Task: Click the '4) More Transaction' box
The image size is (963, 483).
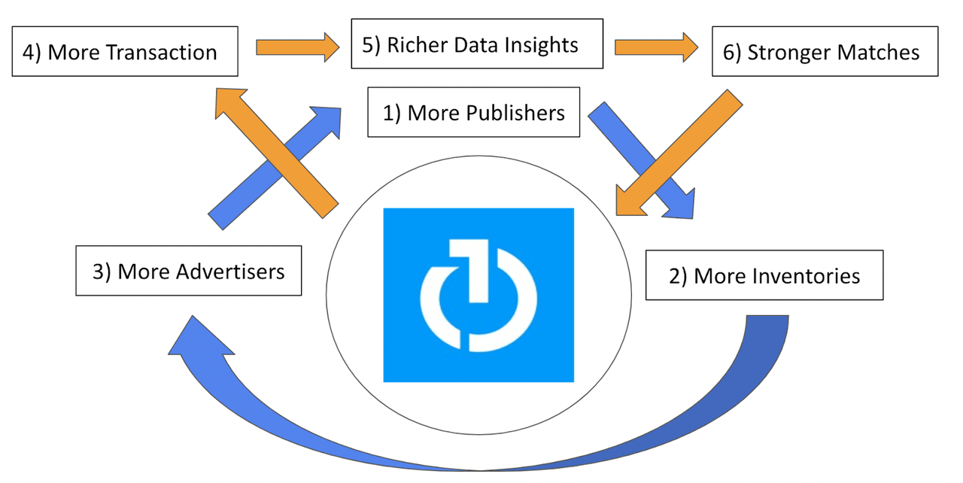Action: (125, 52)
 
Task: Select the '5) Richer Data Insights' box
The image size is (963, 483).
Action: (477, 44)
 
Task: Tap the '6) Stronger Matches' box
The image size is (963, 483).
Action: (825, 52)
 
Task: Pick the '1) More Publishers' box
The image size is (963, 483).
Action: (473, 113)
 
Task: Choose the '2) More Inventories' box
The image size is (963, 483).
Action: (764, 275)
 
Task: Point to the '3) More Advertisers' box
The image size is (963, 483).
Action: (188, 271)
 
